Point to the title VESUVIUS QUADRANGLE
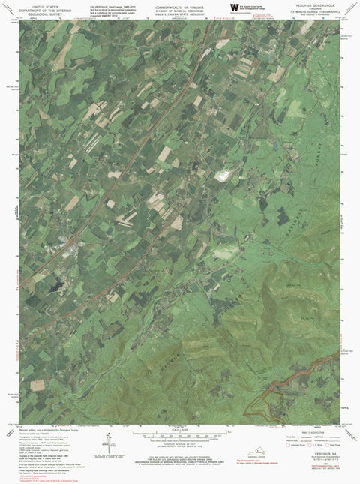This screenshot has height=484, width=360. [317, 4]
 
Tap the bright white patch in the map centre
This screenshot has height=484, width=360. [223, 176]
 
